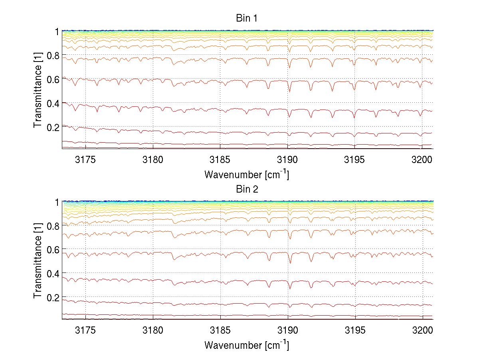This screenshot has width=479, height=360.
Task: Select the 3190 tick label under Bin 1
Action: point(288,160)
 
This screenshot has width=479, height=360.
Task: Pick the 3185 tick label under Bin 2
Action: point(220,331)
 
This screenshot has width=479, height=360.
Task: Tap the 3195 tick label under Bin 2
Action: point(355,331)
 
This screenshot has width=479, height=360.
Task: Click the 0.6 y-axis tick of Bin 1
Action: point(53,79)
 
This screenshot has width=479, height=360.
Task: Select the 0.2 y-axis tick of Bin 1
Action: point(53,127)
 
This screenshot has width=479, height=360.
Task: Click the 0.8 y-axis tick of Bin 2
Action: point(53,226)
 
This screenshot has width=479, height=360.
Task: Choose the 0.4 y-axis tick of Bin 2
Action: point(53,274)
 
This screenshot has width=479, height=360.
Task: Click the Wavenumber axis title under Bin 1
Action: point(246,174)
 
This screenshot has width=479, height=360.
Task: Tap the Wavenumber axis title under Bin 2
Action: point(246,345)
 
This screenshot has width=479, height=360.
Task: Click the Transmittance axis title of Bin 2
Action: point(38,261)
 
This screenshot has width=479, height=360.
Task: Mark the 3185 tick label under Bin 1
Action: point(220,160)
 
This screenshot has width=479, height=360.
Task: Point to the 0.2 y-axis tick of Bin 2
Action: point(53,298)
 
